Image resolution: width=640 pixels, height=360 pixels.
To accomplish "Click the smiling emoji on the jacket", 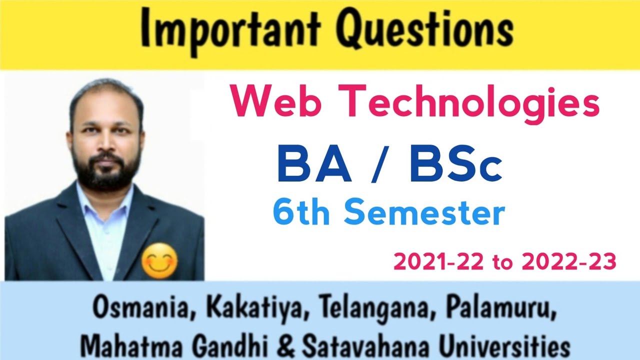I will pyautogui.click(x=159, y=262).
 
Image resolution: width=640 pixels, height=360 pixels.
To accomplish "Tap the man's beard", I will pyautogui.click(x=106, y=170).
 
